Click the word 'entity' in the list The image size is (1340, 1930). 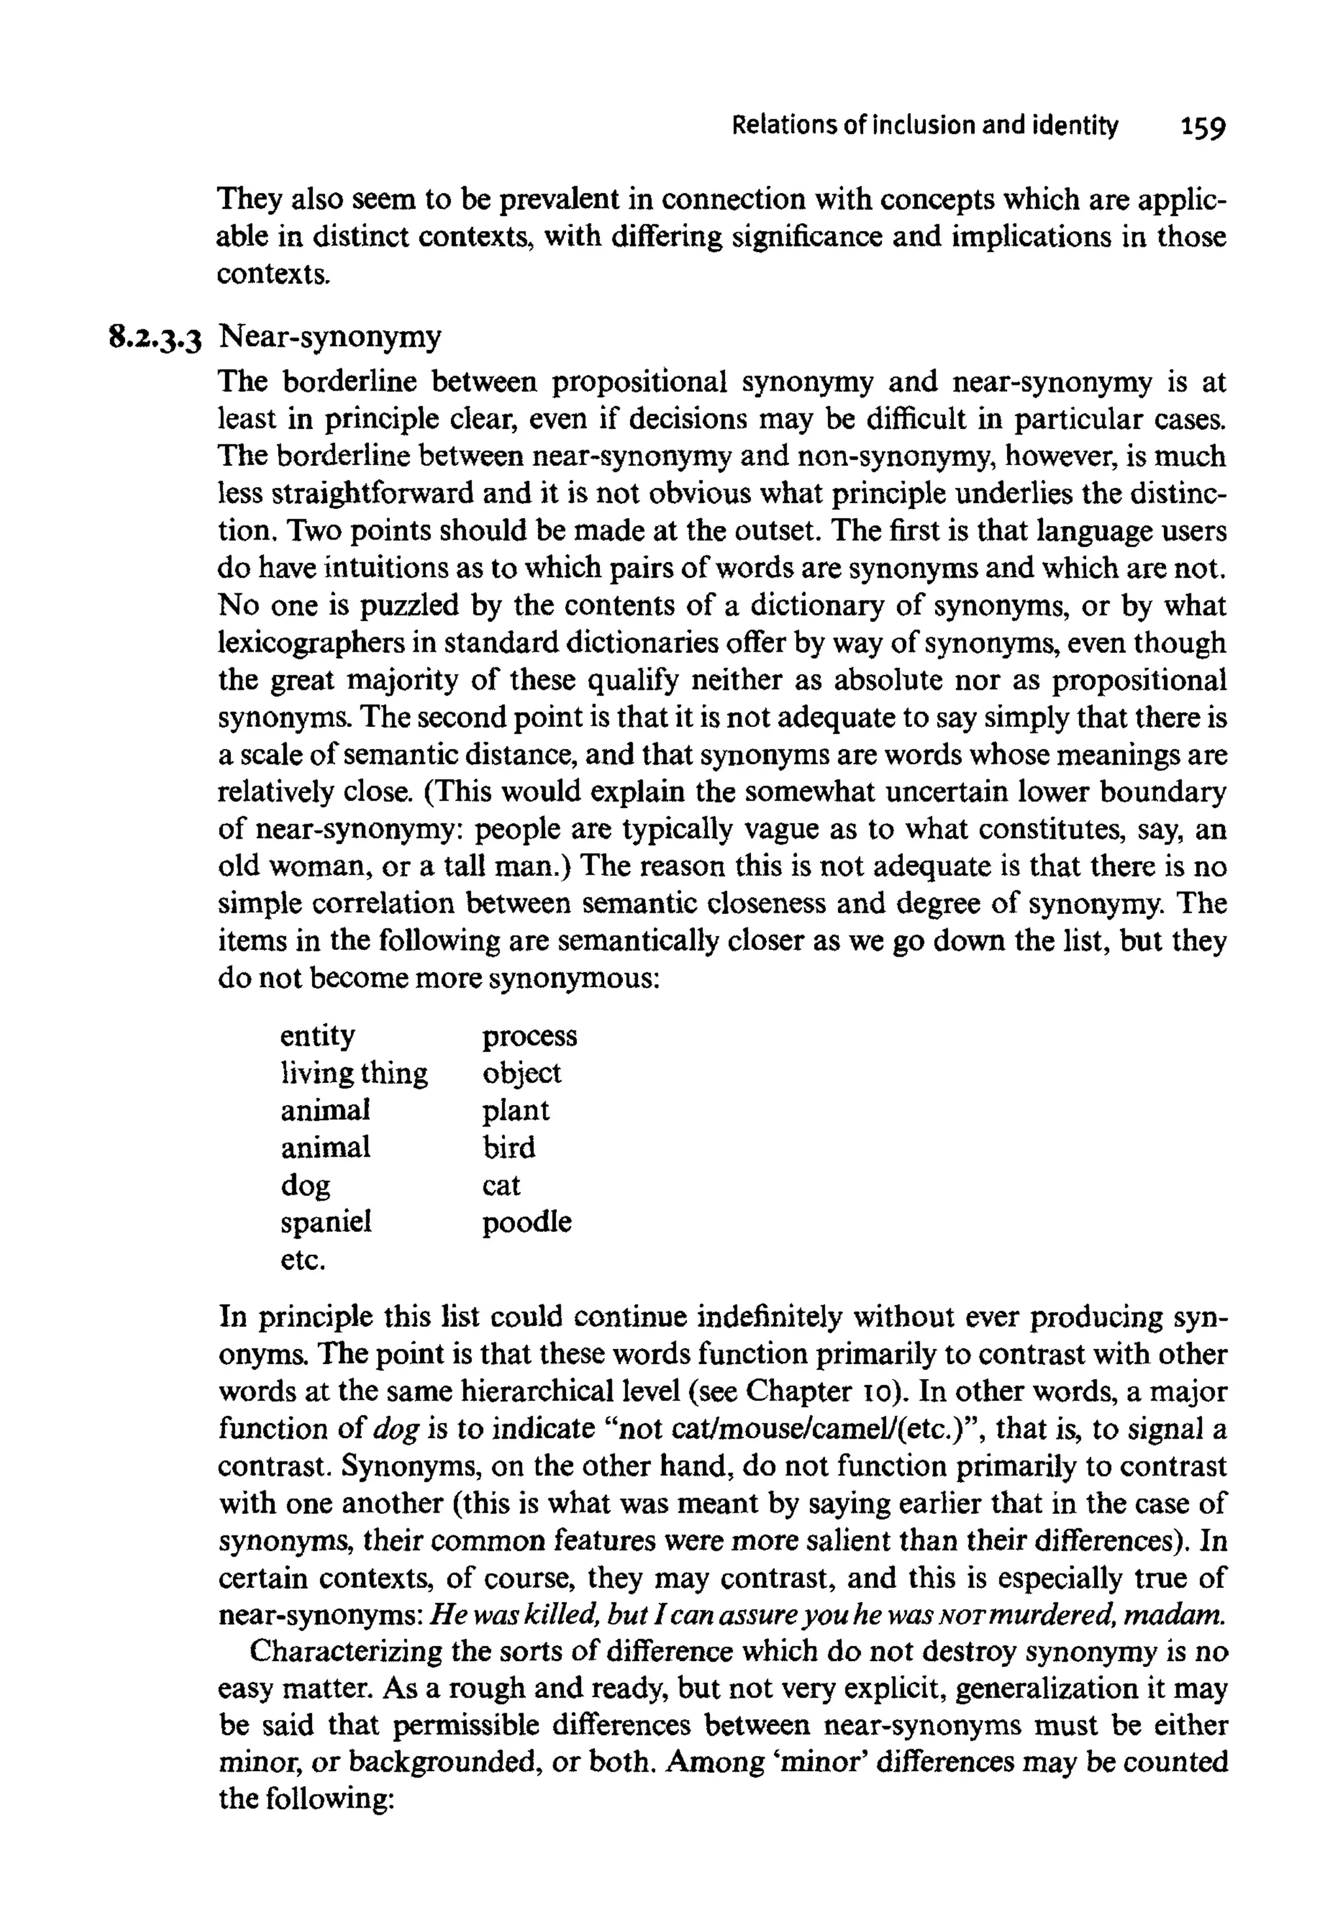point(317,1037)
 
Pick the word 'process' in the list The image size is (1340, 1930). point(529,1037)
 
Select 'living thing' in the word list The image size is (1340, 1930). point(353,1074)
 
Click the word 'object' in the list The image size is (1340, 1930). point(521,1074)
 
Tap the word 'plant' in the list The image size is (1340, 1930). point(516,1112)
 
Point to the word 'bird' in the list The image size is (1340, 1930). point(508,1148)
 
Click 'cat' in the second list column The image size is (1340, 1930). point(501,1186)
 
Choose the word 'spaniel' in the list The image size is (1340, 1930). point(326,1223)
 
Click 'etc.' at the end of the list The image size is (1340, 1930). point(302,1260)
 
